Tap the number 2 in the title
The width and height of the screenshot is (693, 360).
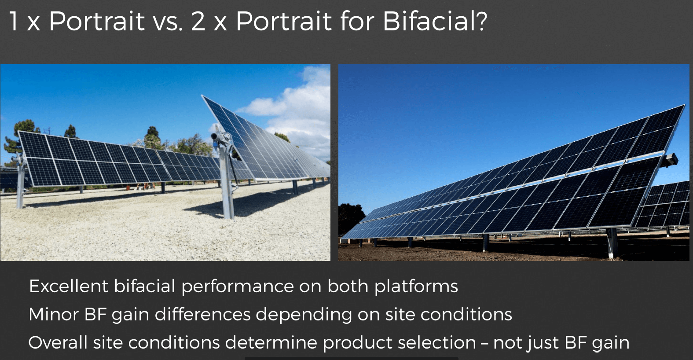coord(198,22)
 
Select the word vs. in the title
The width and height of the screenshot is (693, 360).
coord(168,24)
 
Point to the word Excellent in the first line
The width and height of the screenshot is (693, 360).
coord(68,286)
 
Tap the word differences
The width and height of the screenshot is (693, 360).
coord(202,315)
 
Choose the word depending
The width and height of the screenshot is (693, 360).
coord(304,316)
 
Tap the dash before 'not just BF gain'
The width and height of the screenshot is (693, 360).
coord(484,343)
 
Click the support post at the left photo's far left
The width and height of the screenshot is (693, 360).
coord(20,183)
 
